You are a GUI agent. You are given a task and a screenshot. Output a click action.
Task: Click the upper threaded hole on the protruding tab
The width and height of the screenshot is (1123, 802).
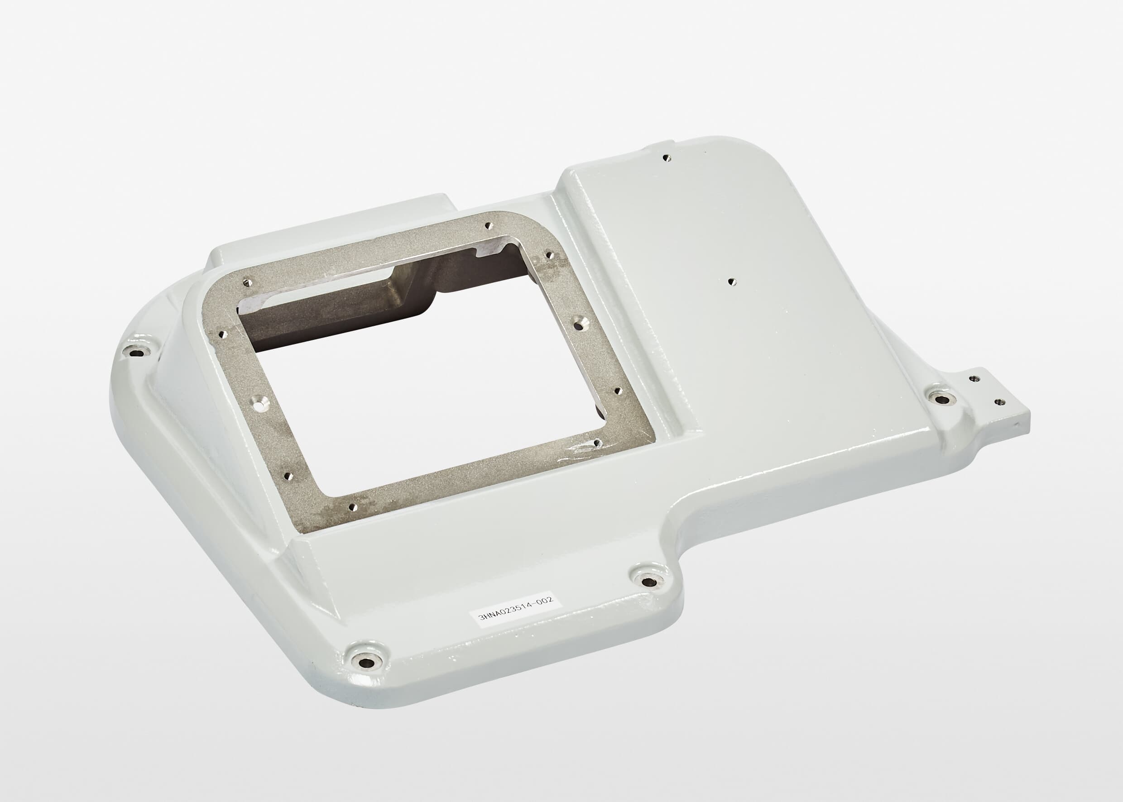click(x=973, y=378)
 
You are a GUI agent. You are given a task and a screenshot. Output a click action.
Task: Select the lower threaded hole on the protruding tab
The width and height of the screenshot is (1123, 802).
click(x=999, y=402)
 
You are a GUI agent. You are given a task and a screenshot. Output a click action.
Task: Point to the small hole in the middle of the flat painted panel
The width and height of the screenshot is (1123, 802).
click(x=732, y=282)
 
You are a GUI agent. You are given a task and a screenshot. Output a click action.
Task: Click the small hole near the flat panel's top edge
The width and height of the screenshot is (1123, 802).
click(x=667, y=158)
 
